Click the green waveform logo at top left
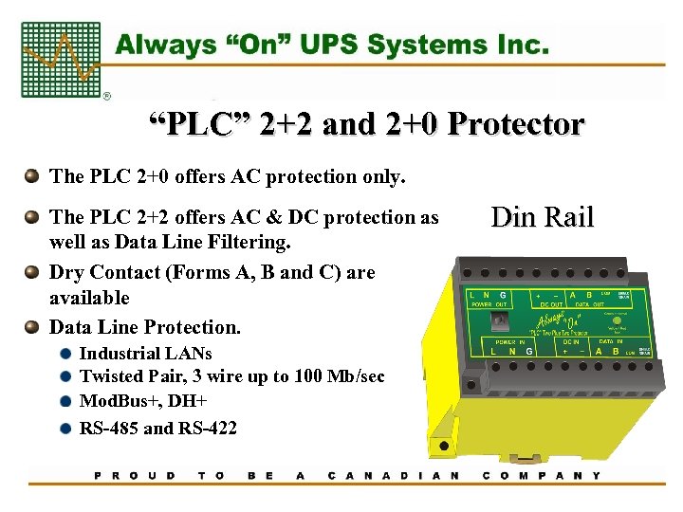tap(61, 60)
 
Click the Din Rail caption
tap(542, 217)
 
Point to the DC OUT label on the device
tap(547, 306)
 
